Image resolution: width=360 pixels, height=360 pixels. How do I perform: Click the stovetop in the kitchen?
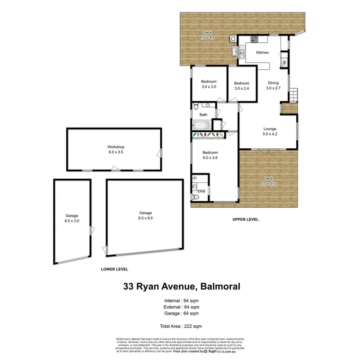[x=254, y=39]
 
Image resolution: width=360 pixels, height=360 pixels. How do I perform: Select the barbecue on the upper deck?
[x=233, y=38]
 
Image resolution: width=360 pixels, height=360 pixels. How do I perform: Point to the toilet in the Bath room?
[x=195, y=107]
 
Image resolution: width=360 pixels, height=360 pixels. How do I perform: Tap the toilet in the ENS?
[x=196, y=197]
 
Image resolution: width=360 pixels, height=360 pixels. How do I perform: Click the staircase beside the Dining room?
[x=293, y=94]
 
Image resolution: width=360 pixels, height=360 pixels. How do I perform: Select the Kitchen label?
[x=262, y=53]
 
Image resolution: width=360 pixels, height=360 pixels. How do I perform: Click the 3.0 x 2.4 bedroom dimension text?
[x=242, y=89]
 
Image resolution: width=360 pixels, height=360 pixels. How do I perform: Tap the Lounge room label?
[x=270, y=129]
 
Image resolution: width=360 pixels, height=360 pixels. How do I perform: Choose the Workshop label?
[x=114, y=147]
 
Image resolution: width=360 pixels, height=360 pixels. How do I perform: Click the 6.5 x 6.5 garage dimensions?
[x=146, y=218]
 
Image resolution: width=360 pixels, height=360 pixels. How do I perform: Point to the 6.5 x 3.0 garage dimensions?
[x=72, y=220]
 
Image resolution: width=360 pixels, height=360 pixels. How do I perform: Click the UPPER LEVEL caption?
[x=246, y=219]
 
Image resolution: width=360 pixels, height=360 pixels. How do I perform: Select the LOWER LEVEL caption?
[x=114, y=269]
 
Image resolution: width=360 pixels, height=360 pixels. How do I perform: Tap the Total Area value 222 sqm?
[x=194, y=326]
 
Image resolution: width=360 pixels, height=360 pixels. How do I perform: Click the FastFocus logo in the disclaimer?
[x=219, y=352]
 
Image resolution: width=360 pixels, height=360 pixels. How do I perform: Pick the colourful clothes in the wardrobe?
[x=208, y=135]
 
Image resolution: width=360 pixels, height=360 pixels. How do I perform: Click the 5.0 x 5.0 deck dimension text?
[x=268, y=183]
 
